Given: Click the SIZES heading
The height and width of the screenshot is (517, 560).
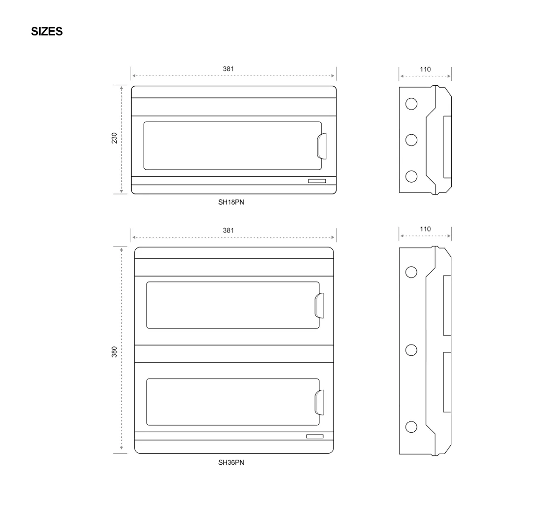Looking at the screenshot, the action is (x=47, y=31).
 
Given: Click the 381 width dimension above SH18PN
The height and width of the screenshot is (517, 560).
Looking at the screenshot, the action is (x=228, y=69).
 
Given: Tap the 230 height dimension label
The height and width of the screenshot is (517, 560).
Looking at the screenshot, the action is (x=114, y=138).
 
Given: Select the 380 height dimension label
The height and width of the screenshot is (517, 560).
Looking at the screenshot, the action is (x=114, y=352).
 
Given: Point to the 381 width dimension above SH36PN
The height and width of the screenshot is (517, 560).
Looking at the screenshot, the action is (x=228, y=230).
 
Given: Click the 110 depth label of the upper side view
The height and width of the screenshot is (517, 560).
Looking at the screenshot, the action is (x=425, y=69).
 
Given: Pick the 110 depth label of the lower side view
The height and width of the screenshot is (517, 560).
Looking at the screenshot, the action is (x=425, y=229).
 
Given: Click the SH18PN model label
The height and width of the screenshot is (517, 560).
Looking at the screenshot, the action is (x=231, y=202).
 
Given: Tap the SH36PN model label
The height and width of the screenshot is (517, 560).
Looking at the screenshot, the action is (x=231, y=462).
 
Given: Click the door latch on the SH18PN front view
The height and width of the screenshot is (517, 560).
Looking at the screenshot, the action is (x=322, y=146).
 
